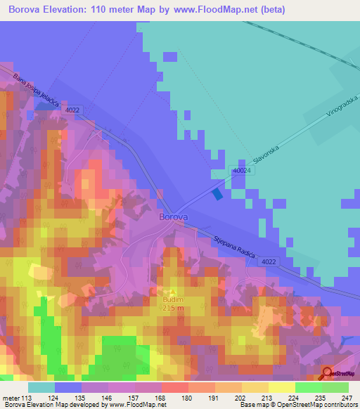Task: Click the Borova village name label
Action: pos(173,217)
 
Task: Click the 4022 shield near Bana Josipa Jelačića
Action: pos(72,110)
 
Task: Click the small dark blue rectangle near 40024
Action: pos(217,193)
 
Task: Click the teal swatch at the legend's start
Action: pos(41,387)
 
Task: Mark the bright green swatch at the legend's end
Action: pos(335,387)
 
